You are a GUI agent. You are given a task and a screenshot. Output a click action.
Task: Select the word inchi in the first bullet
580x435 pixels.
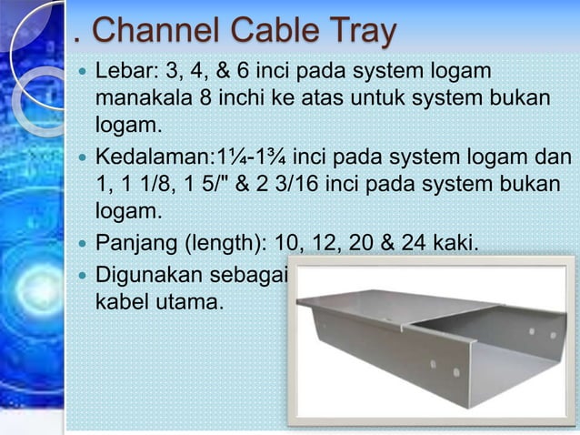259,97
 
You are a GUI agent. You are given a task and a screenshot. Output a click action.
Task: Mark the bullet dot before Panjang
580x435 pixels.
83,244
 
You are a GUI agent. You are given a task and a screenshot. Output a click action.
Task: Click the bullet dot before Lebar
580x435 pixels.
83,71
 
